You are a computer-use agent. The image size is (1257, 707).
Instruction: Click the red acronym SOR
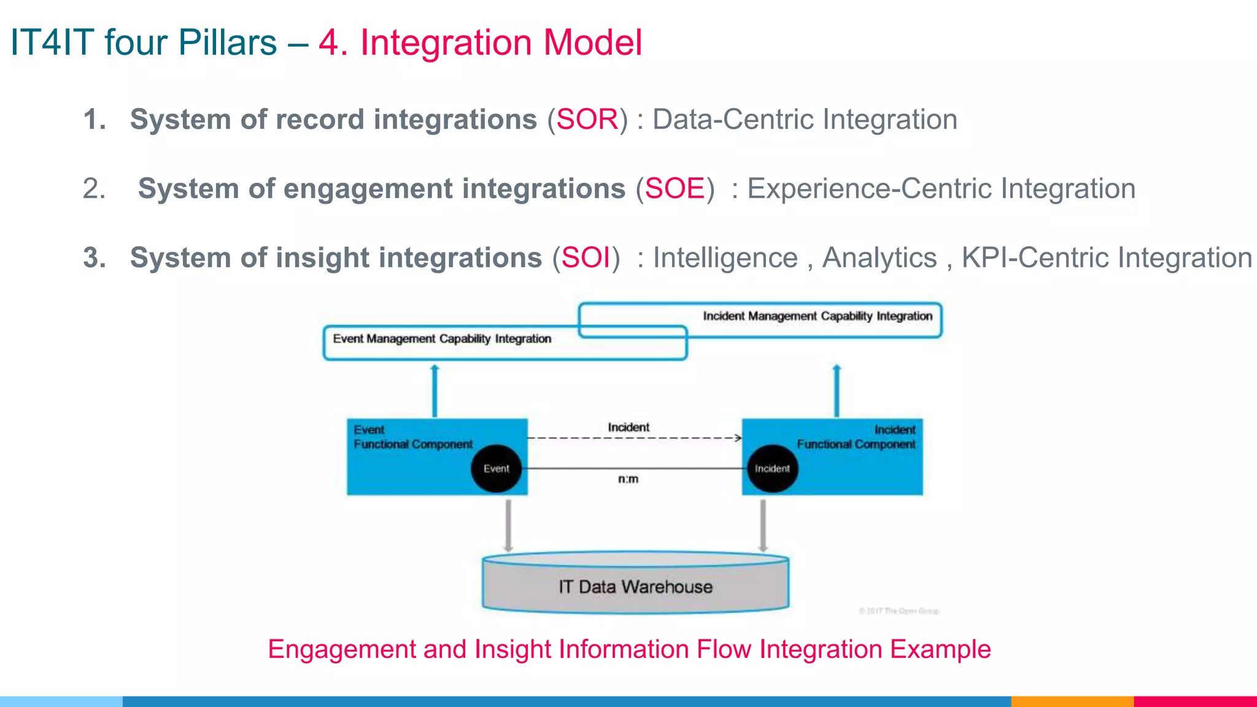(587, 119)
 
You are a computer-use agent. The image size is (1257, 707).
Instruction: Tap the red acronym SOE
(675, 188)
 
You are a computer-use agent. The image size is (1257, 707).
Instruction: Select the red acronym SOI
(586, 258)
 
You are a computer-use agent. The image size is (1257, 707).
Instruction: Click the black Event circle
(496, 469)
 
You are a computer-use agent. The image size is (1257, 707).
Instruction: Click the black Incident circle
(772, 469)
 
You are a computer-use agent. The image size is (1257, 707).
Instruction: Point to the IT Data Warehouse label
(635, 587)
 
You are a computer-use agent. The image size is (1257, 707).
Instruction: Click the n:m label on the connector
(628, 479)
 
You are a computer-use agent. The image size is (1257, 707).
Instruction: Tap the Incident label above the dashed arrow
(628, 427)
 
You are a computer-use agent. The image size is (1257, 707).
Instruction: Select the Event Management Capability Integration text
(442, 339)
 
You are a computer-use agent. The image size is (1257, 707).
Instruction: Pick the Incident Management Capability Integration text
(817, 316)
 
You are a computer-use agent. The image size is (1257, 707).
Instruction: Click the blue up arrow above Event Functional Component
(435, 391)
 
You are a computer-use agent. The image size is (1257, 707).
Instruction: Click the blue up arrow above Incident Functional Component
(836, 391)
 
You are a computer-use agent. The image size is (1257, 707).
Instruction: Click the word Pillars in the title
(227, 43)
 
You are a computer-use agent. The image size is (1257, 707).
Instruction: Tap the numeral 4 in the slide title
(328, 43)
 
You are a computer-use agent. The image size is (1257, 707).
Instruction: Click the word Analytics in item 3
(879, 258)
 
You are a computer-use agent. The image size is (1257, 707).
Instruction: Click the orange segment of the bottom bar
(1072, 701)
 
